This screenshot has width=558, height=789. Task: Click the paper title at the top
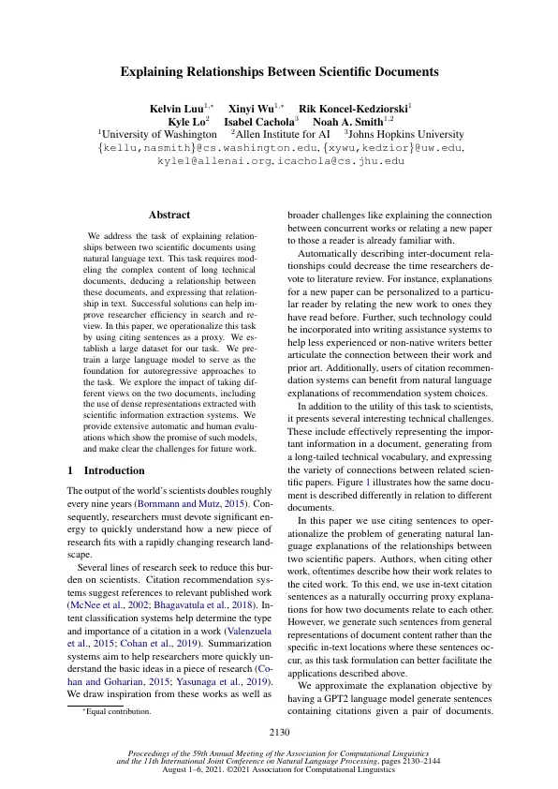[279, 70]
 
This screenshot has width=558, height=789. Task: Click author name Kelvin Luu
[178, 109]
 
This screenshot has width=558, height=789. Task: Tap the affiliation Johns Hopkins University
[404, 135]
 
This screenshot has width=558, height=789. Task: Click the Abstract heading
[169, 216]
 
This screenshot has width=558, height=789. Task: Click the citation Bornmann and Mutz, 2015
[187, 503]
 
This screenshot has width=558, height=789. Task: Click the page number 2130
[279, 732]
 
